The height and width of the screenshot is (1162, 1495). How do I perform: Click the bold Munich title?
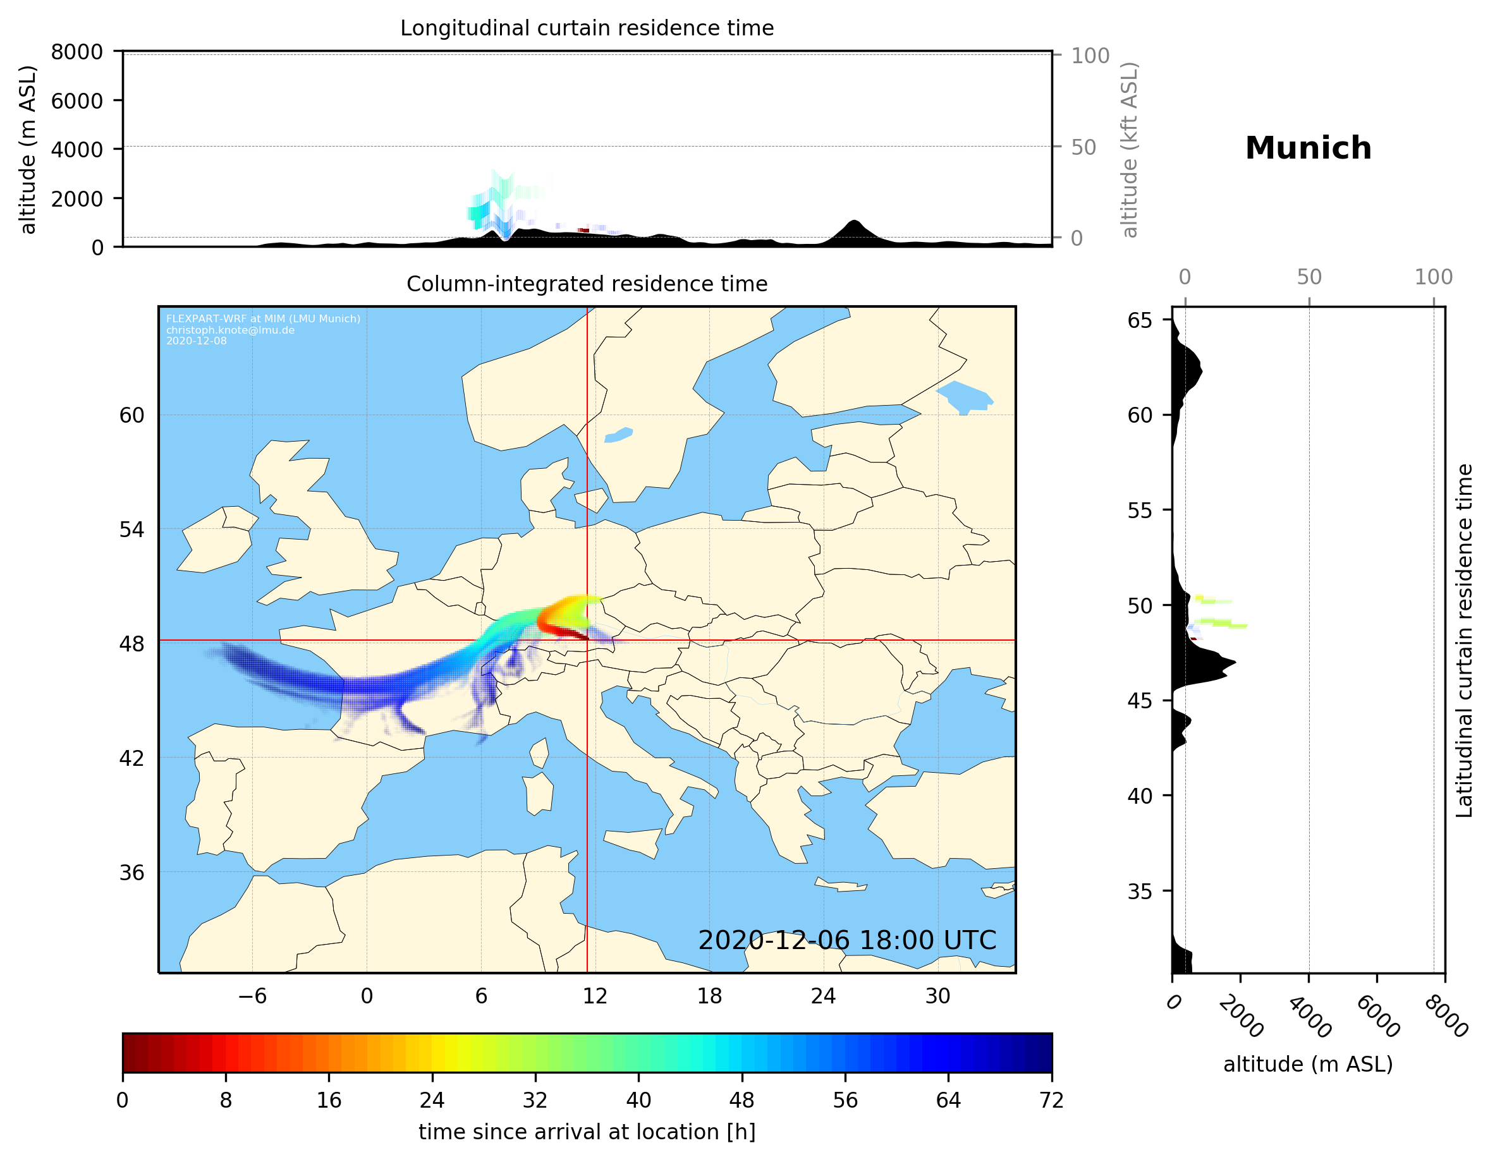1307,148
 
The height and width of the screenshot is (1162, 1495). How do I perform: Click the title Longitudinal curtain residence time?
587,28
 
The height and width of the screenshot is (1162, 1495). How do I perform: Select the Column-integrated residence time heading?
587,284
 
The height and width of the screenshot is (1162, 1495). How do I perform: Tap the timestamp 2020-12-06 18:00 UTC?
847,940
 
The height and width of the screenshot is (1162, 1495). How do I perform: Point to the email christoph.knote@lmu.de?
230,330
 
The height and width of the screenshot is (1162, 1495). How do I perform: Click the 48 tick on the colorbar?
742,1101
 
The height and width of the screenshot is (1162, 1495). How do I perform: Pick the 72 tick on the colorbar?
1051,1101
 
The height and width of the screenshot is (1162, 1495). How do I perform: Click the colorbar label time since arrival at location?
587,1132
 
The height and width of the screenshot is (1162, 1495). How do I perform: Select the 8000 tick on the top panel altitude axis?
76,52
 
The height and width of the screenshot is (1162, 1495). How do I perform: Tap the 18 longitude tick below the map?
709,996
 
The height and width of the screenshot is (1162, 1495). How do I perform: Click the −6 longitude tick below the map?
252,996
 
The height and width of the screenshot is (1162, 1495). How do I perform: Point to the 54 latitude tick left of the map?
131,529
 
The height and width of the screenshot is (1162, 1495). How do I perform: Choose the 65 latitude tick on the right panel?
1140,320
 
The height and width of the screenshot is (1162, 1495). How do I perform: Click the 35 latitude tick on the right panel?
1140,891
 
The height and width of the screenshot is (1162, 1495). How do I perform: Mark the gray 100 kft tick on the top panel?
1090,56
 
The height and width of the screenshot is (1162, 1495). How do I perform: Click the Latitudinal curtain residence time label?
1463,640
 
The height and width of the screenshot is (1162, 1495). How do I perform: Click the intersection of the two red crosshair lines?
587,641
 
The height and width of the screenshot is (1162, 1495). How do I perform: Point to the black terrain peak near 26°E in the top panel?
853,223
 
